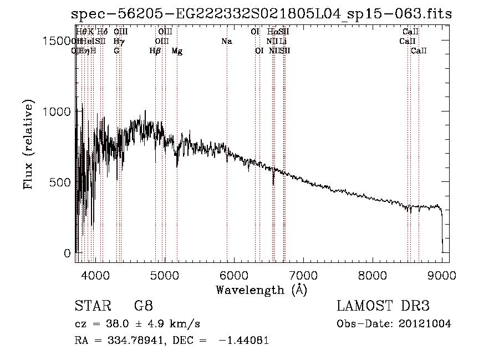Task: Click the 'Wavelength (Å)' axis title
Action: tap(262, 290)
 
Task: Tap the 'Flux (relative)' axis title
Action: tap(28, 144)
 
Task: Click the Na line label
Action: tap(226, 42)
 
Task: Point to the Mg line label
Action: tap(177, 51)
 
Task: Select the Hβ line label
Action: tap(155, 51)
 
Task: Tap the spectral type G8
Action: tap(144, 306)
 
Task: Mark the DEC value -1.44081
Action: tap(244, 341)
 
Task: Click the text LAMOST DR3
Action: tap(383, 306)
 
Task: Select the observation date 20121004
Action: tap(425, 324)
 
